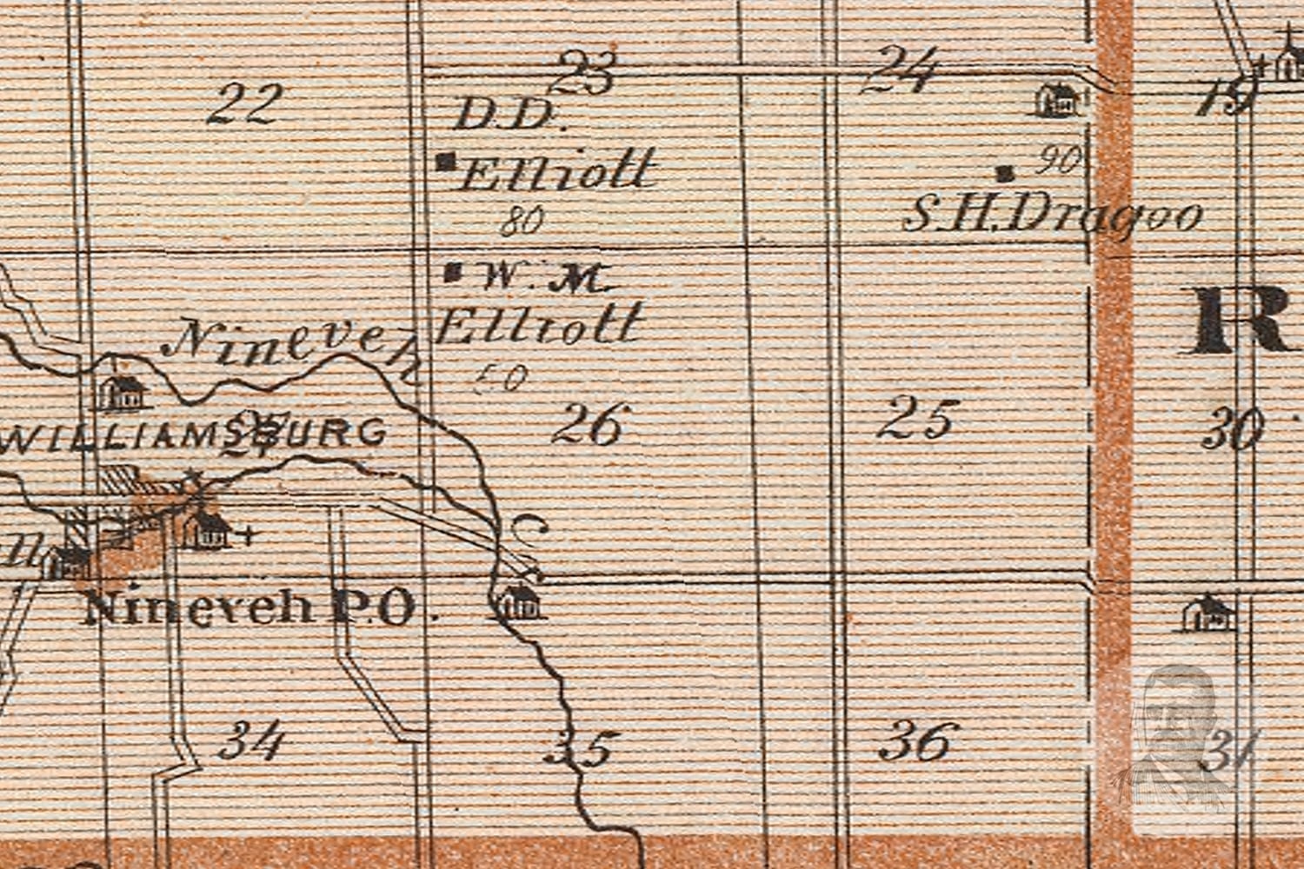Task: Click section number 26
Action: point(589,425)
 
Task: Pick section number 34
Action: point(252,742)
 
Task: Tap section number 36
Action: point(918,742)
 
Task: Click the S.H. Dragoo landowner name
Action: point(1052,214)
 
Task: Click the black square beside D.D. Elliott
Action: point(448,161)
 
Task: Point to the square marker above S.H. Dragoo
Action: point(1007,173)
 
